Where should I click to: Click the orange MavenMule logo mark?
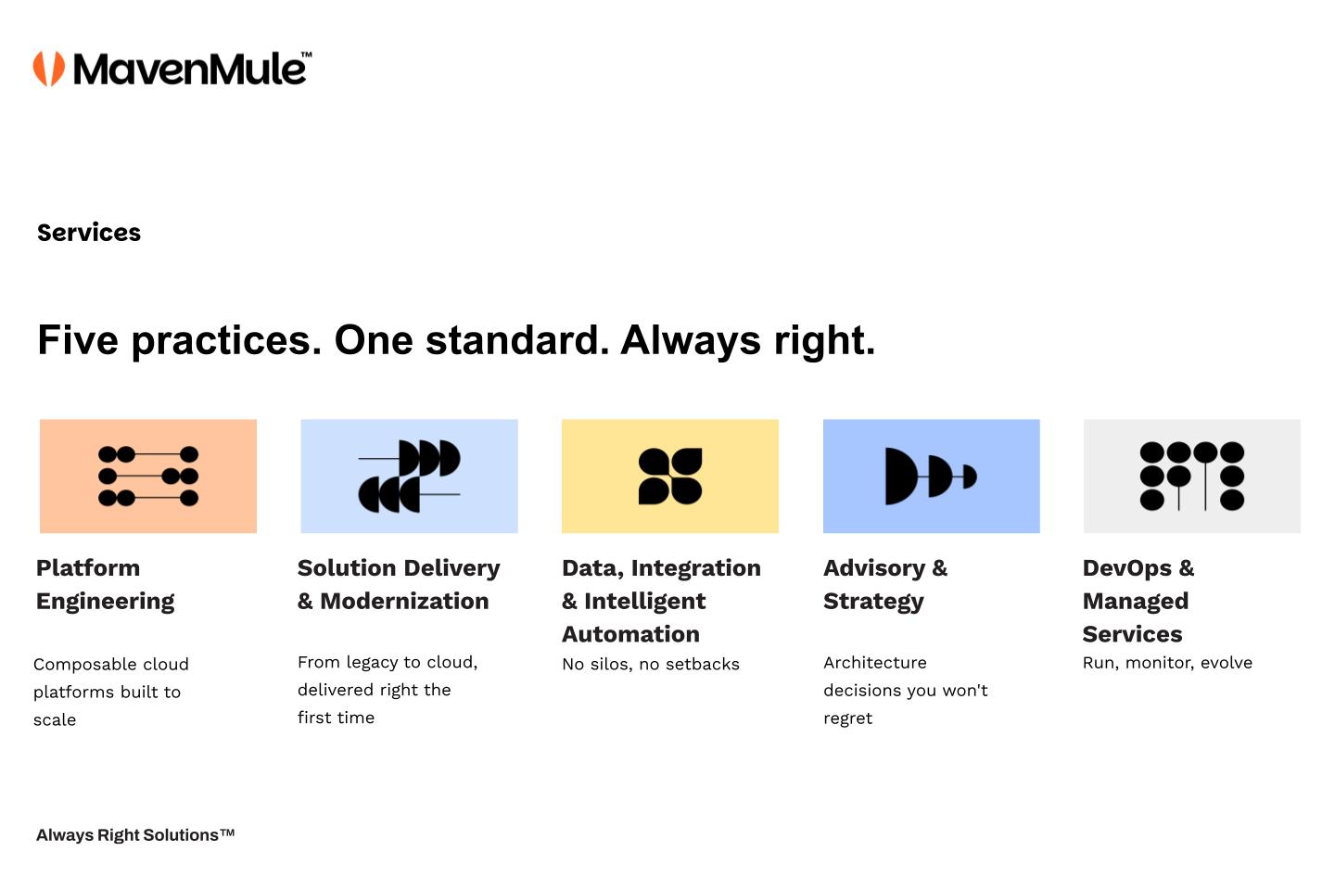49,69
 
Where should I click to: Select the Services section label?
89,233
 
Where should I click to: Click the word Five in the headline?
78,340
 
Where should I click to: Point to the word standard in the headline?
517,340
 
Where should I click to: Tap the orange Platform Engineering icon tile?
148,477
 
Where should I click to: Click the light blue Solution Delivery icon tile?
410,477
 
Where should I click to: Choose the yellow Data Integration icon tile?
670,477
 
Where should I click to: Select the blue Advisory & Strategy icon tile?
932,477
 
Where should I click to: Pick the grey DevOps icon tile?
1192,477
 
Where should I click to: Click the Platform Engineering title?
106,585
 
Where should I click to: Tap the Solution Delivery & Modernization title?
399,585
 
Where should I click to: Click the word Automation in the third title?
630,634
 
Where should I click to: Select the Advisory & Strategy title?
885,585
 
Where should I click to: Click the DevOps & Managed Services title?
1138,601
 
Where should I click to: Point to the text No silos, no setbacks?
651,664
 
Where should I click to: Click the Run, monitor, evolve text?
1167,663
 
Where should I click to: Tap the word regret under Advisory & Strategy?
847,718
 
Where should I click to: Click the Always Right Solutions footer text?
135,835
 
